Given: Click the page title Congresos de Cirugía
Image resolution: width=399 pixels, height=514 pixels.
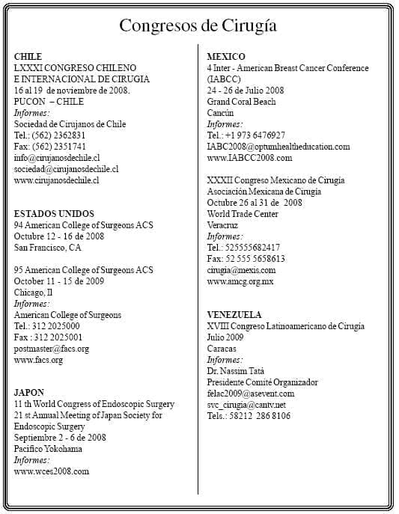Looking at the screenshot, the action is coord(198,26).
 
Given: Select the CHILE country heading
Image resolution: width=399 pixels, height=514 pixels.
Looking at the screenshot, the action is coord(28,57).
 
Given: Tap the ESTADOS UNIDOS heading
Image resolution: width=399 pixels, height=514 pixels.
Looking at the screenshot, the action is coord(54,214).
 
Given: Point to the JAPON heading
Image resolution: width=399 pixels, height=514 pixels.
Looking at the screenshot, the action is coord(29,393).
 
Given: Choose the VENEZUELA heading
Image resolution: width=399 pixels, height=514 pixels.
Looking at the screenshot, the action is coord(234,315).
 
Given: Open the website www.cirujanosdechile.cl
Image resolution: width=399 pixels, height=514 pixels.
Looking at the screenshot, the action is coord(57,180).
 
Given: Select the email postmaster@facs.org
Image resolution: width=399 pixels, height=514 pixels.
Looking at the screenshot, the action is coord(52,349).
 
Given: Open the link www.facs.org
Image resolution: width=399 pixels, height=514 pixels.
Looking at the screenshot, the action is coord(38,360).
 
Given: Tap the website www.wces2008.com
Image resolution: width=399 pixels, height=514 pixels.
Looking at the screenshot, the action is coord(52,471).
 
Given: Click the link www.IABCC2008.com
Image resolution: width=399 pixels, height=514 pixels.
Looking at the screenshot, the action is coord(249,158).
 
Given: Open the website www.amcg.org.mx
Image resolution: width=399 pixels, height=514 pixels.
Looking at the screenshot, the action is coord(240,281).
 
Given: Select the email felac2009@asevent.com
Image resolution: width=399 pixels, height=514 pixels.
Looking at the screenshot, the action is coord(251,394).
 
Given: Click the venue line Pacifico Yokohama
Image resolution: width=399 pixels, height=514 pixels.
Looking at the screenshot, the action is coord(48,449).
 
